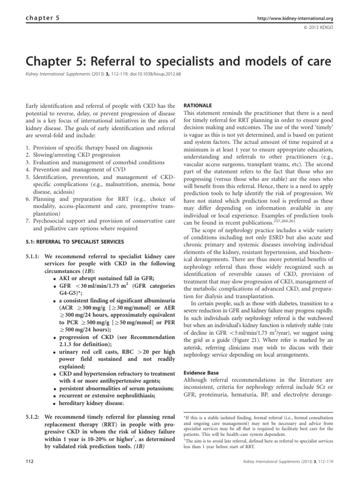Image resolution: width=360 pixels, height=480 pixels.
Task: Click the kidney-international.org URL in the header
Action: [295, 18]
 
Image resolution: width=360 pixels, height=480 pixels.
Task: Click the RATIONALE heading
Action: [196, 106]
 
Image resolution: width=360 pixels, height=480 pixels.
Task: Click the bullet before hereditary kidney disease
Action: [55, 404]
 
